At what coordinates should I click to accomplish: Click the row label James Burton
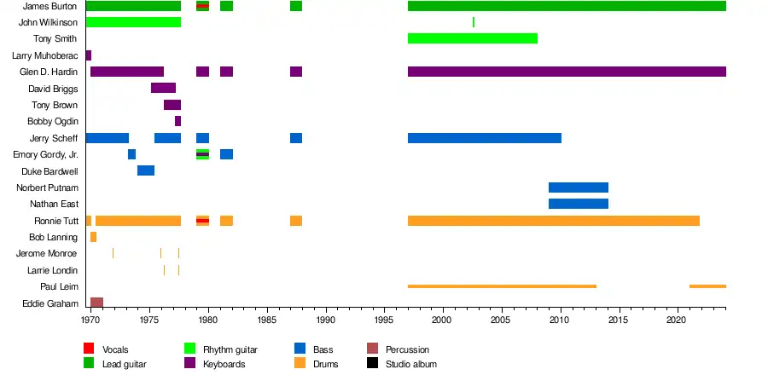click(50, 6)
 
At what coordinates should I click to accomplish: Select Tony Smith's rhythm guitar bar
click(473, 38)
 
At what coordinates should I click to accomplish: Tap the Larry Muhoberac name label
click(44, 55)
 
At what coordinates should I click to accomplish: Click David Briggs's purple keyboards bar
click(163, 88)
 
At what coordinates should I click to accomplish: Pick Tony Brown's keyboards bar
click(172, 105)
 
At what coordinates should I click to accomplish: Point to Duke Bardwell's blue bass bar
click(146, 170)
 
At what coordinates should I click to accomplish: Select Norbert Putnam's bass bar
click(579, 187)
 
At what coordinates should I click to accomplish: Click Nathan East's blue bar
click(579, 204)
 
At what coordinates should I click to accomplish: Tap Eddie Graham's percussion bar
click(96, 303)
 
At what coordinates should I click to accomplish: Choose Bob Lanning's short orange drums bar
click(93, 237)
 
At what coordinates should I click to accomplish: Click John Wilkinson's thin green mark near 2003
click(474, 22)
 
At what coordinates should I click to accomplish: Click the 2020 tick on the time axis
click(677, 320)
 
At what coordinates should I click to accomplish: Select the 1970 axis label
click(90, 320)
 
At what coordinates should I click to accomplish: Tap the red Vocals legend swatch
click(89, 349)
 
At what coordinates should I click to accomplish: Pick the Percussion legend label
click(407, 349)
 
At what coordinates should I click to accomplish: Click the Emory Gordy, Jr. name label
click(45, 154)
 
